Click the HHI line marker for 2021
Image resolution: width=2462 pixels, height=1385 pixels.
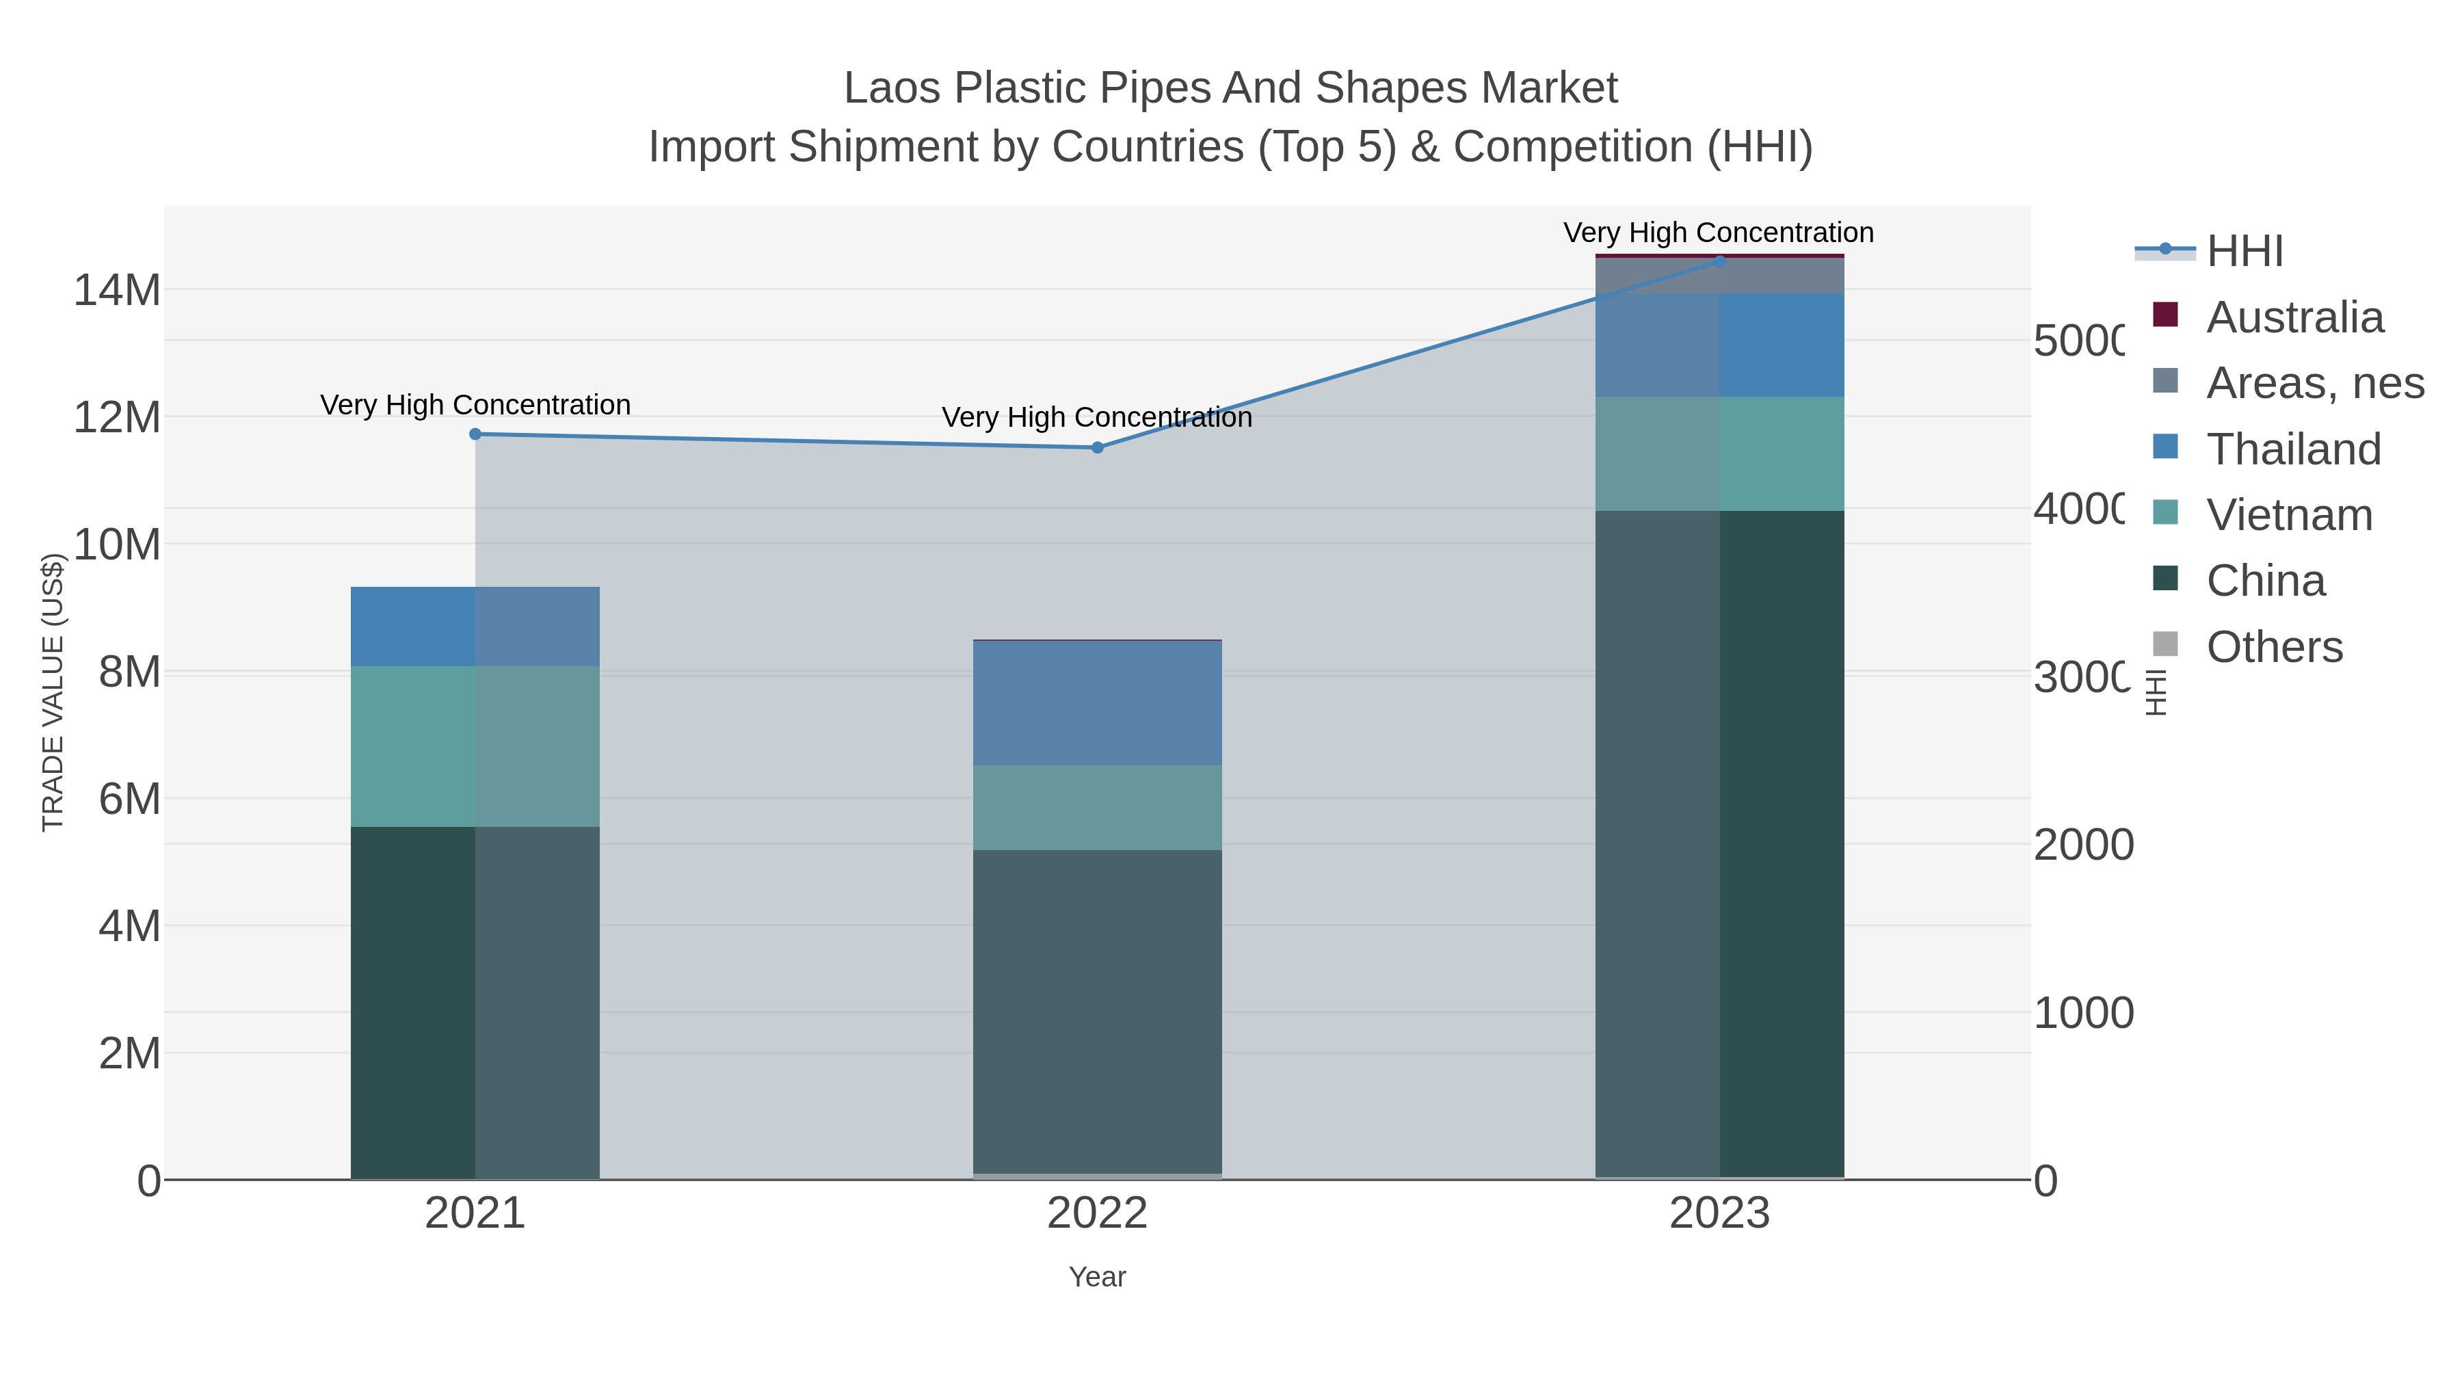(x=475, y=434)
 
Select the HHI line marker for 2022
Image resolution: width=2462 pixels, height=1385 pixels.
(x=1097, y=447)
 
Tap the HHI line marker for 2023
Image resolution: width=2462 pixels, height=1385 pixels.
(x=1719, y=261)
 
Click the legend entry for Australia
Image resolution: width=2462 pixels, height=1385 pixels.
(x=2294, y=317)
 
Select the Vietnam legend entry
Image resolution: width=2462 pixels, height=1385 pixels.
(x=2289, y=515)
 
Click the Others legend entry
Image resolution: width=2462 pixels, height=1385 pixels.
(x=2274, y=647)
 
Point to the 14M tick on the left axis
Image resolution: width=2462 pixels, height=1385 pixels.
(x=116, y=289)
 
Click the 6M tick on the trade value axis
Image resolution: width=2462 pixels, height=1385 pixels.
(x=129, y=799)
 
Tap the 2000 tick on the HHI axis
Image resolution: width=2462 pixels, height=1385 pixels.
(x=2082, y=845)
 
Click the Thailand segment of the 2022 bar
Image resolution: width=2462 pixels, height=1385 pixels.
(x=1097, y=702)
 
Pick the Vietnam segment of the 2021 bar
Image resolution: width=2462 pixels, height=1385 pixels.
(x=475, y=746)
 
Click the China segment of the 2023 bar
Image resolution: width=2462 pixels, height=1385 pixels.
(x=1719, y=841)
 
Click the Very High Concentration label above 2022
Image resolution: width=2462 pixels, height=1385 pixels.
(x=1097, y=418)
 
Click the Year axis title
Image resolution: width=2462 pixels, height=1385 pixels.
(x=1097, y=1277)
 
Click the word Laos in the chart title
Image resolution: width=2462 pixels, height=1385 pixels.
(x=892, y=89)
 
